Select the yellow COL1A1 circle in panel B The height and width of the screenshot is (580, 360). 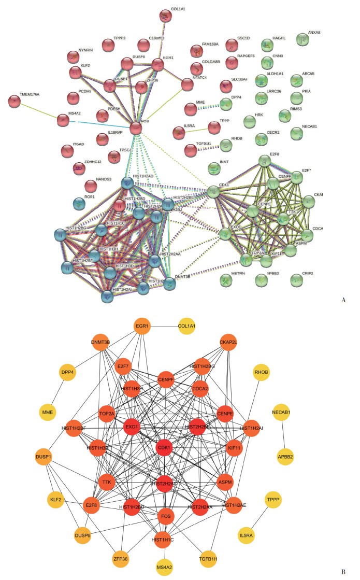(x=190, y=327)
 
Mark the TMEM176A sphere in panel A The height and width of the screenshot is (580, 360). (x=15, y=101)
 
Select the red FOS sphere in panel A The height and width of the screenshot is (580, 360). (x=136, y=126)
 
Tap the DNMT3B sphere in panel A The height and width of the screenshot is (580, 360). (x=169, y=284)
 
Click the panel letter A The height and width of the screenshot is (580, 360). (x=343, y=299)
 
